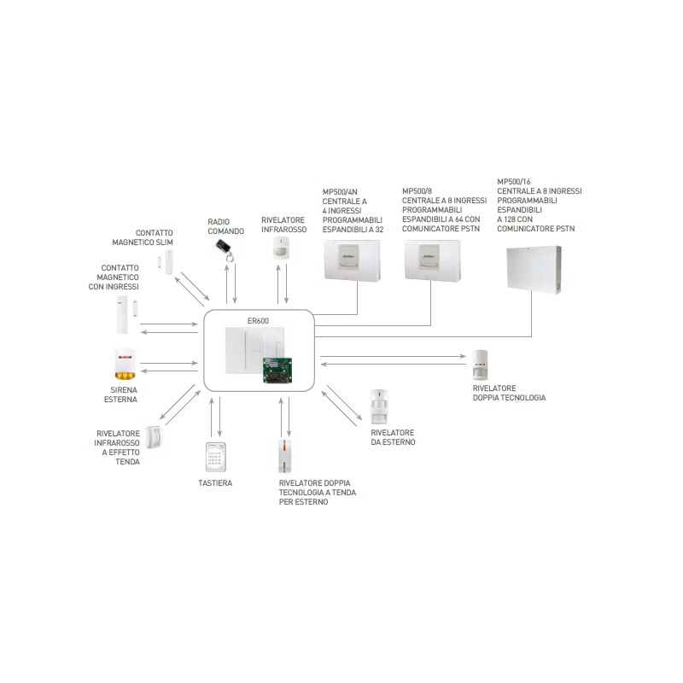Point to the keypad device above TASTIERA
[216, 458]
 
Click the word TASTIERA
[214, 483]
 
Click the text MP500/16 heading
[513, 182]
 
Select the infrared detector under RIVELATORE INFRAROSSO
[283, 248]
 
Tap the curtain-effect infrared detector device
[155, 436]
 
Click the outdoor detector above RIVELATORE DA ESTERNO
[380, 407]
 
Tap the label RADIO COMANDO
[225, 226]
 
